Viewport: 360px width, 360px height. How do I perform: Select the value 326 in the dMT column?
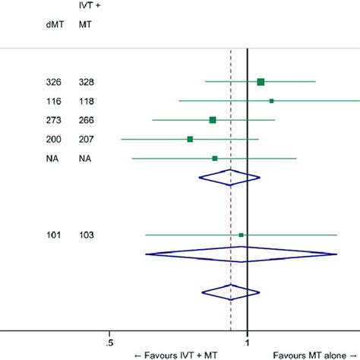coord(53,82)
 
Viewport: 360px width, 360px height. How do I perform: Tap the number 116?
coord(53,101)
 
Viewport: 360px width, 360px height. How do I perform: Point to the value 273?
coord(53,120)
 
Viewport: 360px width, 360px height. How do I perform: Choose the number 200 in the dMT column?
coord(53,139)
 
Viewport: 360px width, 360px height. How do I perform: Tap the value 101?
coord(53,235)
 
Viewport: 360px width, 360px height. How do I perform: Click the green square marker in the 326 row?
coord(261,81)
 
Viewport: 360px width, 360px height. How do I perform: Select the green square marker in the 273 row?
coord(213,120)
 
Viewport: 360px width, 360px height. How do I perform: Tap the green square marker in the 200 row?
coord(190,139)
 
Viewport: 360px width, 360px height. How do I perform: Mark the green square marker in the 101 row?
coord(242,235)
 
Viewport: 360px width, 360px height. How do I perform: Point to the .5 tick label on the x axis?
coord(110,341)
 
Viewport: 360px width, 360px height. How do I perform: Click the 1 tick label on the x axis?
coord(248,341)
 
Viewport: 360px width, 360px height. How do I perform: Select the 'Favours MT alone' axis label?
coord(315,354)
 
